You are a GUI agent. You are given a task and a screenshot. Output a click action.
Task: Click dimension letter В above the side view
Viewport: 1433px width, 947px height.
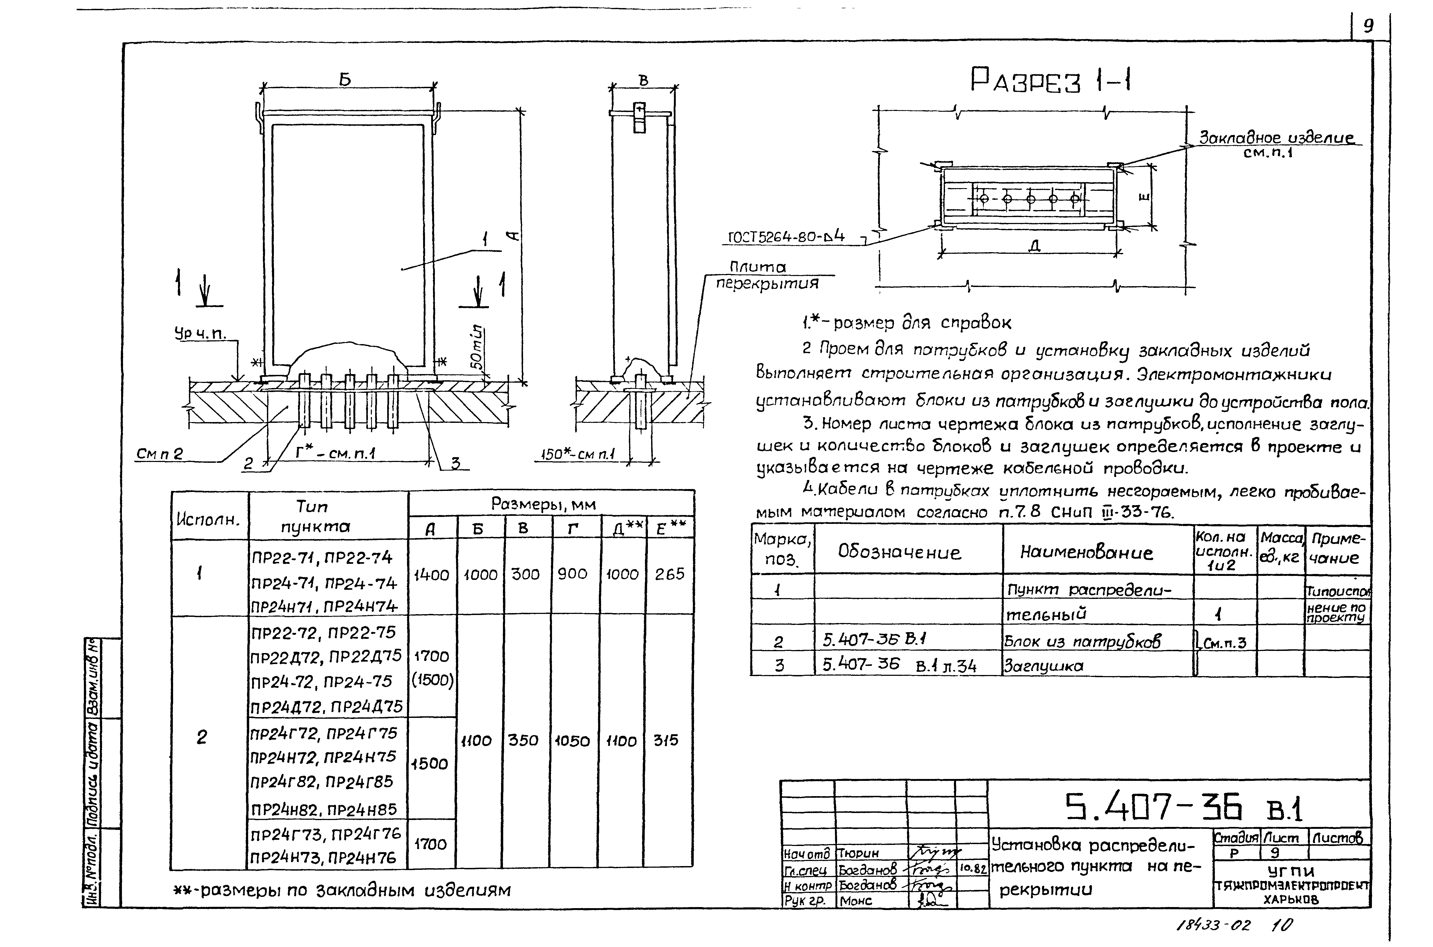pyautogui.click(x=644, y=80)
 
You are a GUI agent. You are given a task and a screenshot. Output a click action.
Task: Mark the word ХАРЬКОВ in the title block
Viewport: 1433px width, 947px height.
pyautogui.click(x=1291, y=899)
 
